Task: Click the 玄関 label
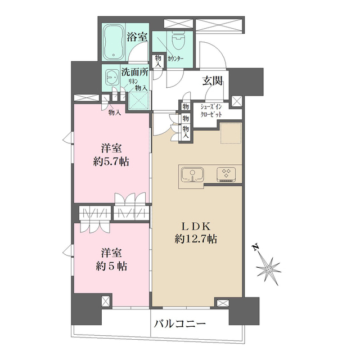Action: coord(213,80)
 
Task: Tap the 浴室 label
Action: coord(138,38)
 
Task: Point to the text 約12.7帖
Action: coord(196,238)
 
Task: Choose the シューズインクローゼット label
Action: coord(211,110)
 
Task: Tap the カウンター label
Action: coord(175,58)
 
